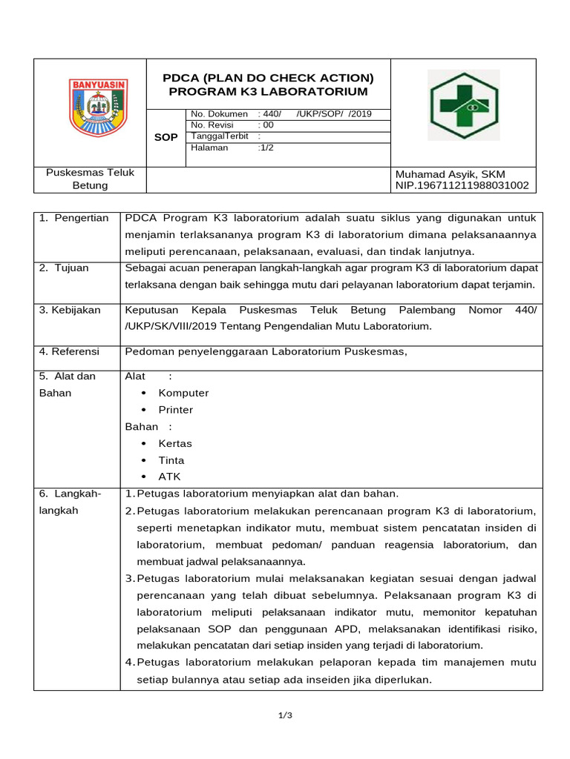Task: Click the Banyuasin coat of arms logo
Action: point(98,107)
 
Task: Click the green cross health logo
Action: point(465,107)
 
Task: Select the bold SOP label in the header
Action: point(165,138)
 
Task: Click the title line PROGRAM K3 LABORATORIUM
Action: point(268,92)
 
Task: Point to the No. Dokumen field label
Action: point(219,114)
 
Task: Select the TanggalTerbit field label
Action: point(219,136)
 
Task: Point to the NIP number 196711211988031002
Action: point(462,185)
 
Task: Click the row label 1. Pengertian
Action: point(73,218)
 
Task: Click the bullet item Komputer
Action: point(183,393)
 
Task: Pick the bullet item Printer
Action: point(175,410)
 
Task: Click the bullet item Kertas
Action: point(175,443)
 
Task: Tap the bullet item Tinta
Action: point(171,460)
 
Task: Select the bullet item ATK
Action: point(169,477)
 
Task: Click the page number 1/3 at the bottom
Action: point(286,715)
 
